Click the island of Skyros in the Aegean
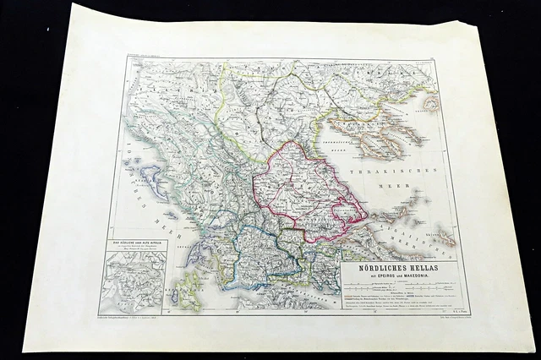click(x=440, y=240)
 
